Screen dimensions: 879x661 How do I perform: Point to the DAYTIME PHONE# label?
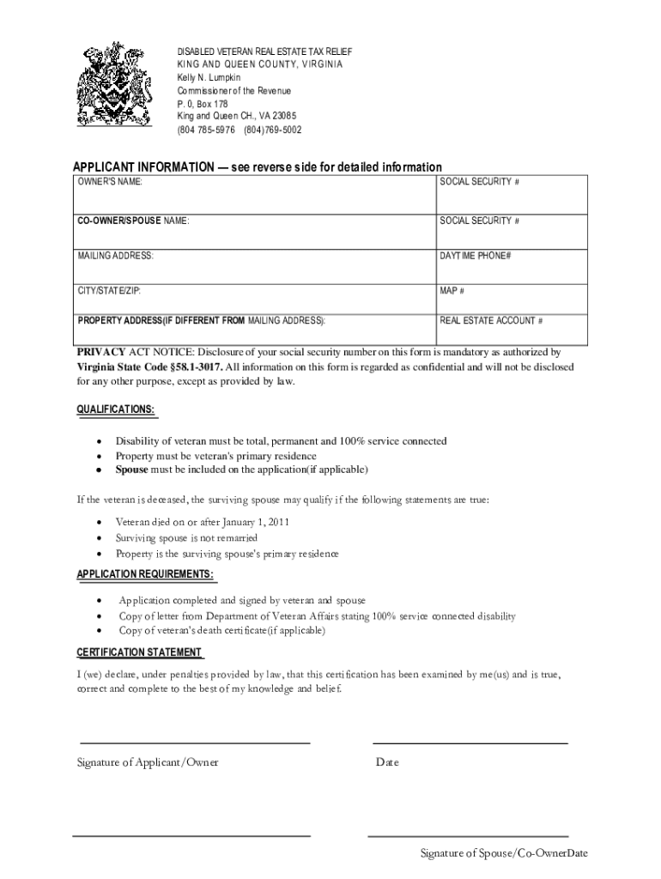(x=476, y=256)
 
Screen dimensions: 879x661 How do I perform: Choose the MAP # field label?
(x=452, y=290)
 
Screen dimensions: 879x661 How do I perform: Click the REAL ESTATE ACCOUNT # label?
(x=491, y=321)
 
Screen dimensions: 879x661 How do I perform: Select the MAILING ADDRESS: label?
(x=116, y=256)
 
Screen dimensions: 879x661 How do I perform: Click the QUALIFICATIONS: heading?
(x=116, y=409)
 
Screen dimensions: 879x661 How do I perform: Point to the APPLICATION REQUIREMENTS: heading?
(x=146, y=573)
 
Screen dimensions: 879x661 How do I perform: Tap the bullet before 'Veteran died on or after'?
(x=103, y=522)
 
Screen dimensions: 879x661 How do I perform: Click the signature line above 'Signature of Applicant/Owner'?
(x=195, y=743)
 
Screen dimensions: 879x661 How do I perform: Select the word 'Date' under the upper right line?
(x=387, y=762)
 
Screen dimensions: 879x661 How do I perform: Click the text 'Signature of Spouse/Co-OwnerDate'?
(x=503, y=853)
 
